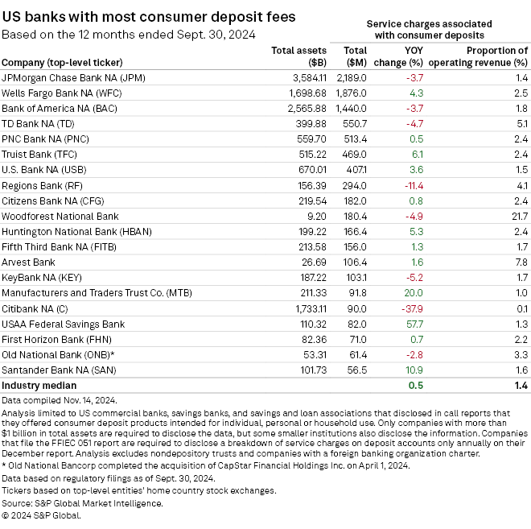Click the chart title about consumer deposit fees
148,16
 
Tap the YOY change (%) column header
404,56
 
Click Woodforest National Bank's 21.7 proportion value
520,216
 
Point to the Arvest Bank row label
29,262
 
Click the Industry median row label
36,385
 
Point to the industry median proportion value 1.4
520,385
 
